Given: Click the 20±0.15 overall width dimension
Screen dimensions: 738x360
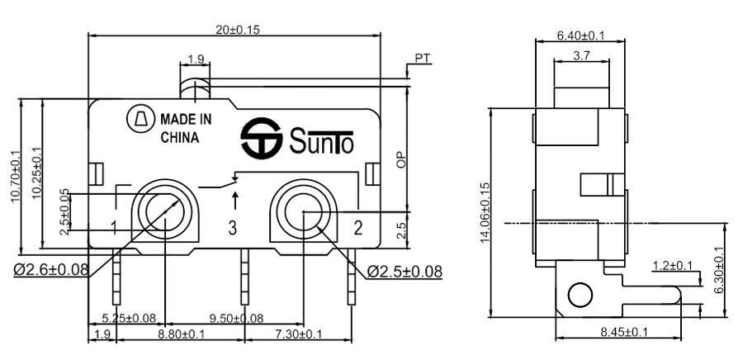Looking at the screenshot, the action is click(238, 30).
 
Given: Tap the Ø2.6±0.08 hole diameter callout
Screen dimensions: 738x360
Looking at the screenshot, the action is click(51, 270).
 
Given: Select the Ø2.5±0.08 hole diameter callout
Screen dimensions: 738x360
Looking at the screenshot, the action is click(404, 271).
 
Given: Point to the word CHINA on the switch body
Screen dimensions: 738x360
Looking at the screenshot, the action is click(180, 138).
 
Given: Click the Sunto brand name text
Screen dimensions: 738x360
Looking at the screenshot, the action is click(321, 141).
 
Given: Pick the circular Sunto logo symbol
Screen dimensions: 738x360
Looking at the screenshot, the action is click(261, 138).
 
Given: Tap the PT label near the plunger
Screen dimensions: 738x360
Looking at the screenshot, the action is click(423, 59).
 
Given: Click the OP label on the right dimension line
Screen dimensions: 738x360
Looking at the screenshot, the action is click(401, 160).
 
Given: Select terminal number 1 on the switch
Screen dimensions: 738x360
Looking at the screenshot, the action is click(114, 228).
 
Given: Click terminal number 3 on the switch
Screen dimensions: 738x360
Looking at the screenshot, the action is click(233, 228).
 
